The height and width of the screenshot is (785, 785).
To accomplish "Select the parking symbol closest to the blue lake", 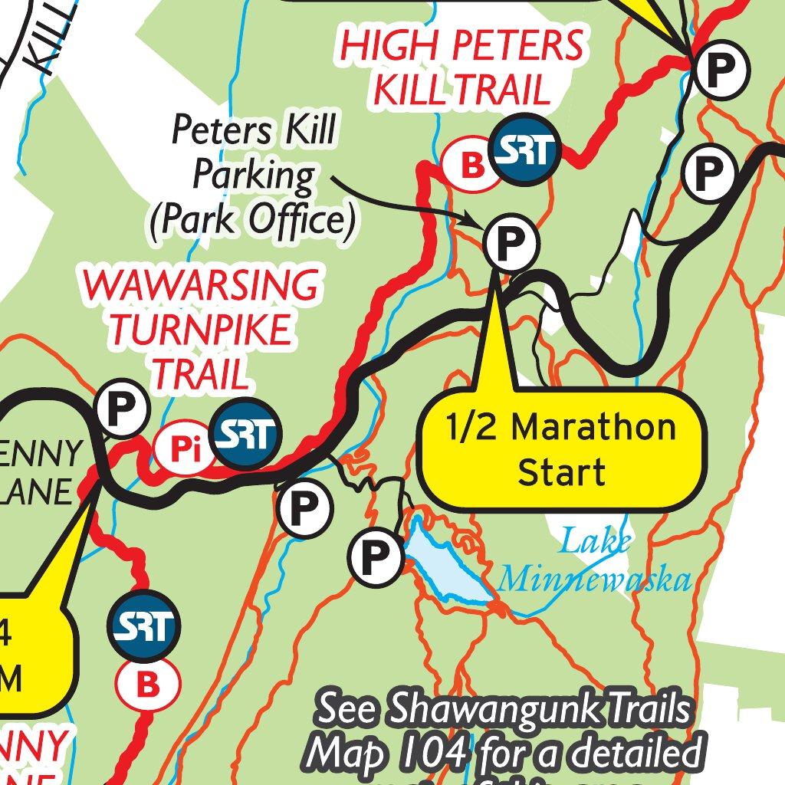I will [376, 557].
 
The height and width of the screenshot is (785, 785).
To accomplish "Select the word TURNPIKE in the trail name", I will [201, 330].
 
